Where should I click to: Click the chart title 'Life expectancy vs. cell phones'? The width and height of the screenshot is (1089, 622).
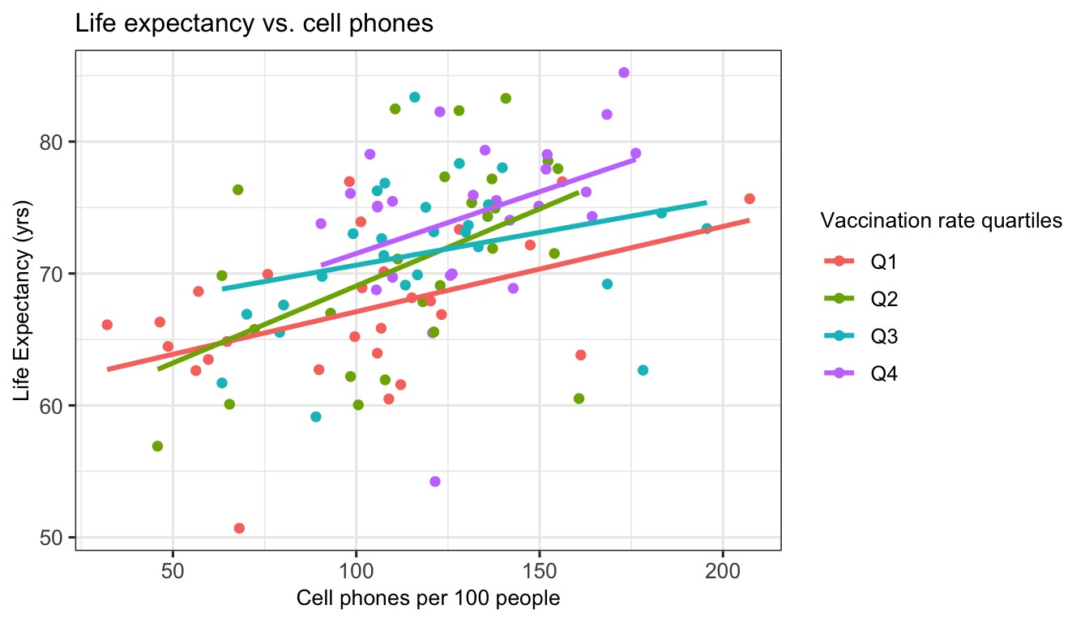tap(254, 24)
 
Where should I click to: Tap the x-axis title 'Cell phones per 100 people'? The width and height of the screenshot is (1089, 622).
tap(429, 599)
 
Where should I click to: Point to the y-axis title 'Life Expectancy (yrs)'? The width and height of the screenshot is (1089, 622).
tap(22, 300)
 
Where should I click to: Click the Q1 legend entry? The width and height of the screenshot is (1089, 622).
tap(884, 261)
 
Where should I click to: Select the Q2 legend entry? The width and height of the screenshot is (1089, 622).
tap(884, 298)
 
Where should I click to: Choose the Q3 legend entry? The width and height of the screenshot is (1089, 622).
tap(884, 335)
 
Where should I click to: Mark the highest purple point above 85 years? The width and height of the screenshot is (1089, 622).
tap(624, 73)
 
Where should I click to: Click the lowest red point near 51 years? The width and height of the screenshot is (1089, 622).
tap(239, 528)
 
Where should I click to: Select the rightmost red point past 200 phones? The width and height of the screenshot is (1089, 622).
tap(749, 198)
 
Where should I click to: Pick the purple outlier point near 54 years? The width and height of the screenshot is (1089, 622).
tap(435, 481)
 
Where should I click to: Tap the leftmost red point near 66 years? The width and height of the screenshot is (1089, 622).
tap(107, 325)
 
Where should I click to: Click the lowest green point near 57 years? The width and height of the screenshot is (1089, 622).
tap(157, 446)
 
